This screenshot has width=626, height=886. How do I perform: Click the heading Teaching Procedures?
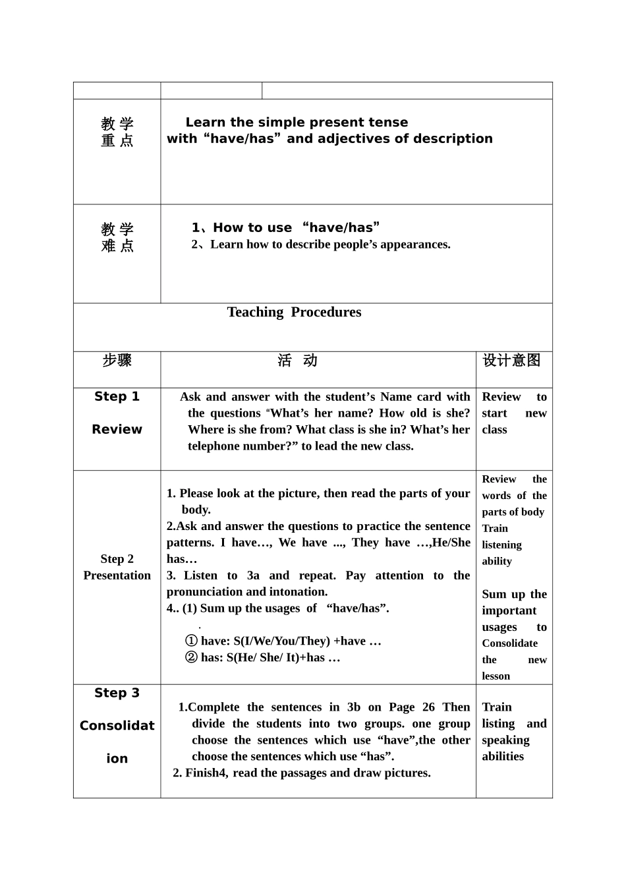click(294, 312)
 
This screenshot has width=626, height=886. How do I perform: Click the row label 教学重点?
click(117, 132)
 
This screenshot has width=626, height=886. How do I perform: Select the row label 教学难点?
click(117, 237)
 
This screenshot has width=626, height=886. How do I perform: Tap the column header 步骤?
click(117, 361)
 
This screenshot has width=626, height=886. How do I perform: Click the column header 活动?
click(297, 361)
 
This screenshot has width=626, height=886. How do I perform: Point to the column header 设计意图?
click(511, 361)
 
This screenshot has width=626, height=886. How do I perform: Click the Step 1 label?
click(117, 397)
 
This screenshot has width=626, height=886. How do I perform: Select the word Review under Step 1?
click(117, 430)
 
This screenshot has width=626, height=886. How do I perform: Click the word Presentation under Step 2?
click(117, 576)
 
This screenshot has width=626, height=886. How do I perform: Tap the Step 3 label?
click(117, 693)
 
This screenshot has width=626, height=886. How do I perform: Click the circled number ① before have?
click(191, 641)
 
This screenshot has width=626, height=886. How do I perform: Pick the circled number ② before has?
click(191, 658)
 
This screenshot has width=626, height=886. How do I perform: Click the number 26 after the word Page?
click(428, 707)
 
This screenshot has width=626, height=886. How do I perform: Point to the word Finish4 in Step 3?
click(206, 773)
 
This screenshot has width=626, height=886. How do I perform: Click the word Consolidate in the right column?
click(509, 643)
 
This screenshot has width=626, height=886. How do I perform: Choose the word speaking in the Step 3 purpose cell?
click(505, 740)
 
